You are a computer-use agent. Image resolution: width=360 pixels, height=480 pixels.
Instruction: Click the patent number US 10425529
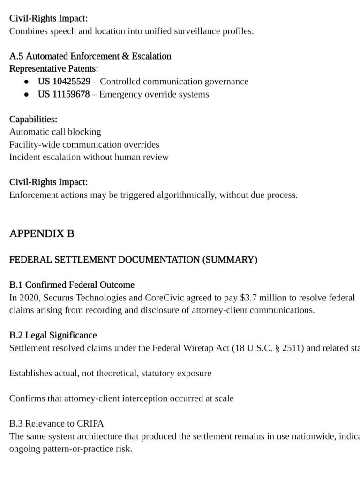64,82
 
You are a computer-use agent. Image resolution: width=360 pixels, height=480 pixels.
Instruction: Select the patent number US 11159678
64,94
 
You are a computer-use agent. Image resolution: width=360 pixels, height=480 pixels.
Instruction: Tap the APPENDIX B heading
42,233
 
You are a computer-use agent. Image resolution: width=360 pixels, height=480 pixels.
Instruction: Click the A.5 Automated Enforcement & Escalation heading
90,56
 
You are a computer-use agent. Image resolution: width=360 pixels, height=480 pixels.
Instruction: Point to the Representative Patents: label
54,69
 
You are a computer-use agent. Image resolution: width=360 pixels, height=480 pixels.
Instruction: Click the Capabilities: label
33,120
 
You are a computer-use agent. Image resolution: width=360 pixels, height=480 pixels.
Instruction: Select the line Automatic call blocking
55,132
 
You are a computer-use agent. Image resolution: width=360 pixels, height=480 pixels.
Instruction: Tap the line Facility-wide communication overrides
84,144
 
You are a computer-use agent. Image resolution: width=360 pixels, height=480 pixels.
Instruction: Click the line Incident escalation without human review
89,157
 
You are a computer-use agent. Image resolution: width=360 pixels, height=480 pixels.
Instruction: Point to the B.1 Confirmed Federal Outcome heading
72,285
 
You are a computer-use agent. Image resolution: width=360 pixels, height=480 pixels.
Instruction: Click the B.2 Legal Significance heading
53,335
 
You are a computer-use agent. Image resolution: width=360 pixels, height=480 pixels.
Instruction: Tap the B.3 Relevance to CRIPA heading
56,424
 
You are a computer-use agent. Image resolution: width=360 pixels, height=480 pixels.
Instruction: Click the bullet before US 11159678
28,94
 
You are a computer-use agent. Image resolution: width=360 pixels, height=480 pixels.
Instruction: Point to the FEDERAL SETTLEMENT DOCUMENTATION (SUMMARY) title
133,260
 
